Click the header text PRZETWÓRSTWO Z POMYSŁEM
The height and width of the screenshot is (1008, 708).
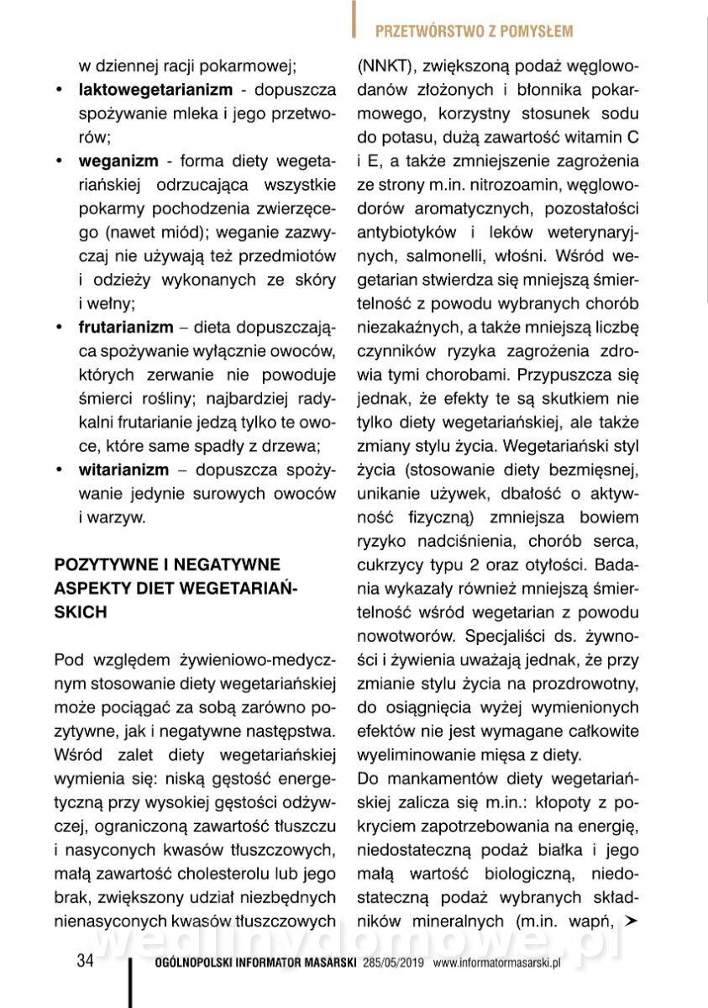[x=474, y=32]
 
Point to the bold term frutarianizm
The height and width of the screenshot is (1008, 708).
[x=126, y=326]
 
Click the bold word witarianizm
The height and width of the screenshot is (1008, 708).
[x=123, y=470]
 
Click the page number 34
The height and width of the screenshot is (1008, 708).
[x=85, y=962]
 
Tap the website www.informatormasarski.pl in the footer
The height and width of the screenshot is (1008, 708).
[x=496, y=963]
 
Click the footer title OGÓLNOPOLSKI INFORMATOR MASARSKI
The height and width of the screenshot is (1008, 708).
[x=258, y=963]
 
